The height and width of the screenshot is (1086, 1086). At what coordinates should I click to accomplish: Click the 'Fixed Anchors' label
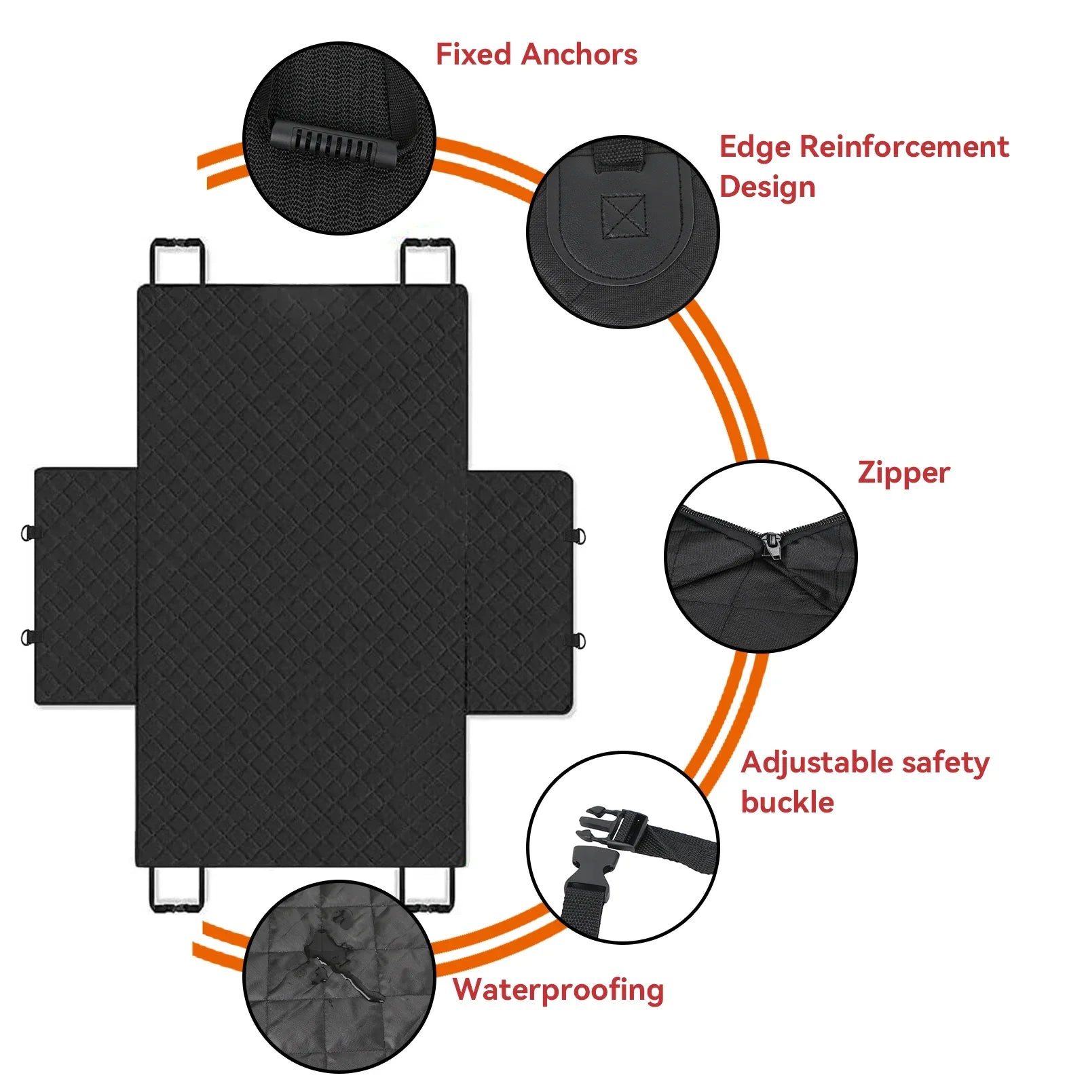[x=536, y=54]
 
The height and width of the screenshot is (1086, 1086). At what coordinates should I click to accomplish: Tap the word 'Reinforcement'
[x=904, y=147]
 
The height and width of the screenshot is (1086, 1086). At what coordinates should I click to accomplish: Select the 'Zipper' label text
[x=903, y=473]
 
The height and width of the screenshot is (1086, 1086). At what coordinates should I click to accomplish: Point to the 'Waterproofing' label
[x=558, y=990]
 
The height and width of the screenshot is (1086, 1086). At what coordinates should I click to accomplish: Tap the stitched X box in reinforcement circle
[x=623, y=216]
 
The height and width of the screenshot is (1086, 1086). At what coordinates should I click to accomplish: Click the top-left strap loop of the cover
[x=176, y=261]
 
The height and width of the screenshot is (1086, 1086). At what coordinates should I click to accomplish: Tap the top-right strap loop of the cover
[x=428, y=261]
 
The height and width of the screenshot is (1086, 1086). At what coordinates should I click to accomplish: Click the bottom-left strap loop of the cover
[x=176, y=889]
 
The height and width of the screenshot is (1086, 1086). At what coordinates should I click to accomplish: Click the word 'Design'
[x=767, y=187]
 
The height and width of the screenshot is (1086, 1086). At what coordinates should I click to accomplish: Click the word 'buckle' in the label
[x=787, y=802]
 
